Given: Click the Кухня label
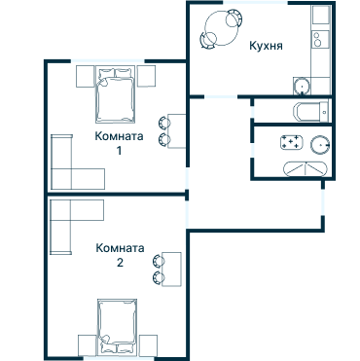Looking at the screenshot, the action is click(266, 46).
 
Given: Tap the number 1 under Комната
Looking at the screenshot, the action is click(119, 151).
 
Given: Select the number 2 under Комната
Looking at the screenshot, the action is click(120, 263).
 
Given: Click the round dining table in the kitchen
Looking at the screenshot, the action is click(222, 28).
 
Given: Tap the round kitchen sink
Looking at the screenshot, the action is click(303, 87).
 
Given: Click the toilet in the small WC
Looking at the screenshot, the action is click(310, 112).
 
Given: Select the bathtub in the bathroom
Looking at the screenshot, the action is click(306, 168).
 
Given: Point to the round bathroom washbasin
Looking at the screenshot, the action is click(320, 145).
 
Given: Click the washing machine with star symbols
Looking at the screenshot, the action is click(292, 143).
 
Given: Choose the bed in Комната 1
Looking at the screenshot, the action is click(115, 94).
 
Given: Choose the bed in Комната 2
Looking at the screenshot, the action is click(117, 327).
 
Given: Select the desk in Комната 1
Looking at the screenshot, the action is click(176, 131).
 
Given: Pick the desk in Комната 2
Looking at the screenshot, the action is click(171, 270).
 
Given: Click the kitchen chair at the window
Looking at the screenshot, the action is click(234, 18).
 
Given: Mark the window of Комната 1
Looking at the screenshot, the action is click(108, 60).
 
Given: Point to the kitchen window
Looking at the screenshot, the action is click(256, 3).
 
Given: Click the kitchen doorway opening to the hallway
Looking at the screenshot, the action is click(221, 96).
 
